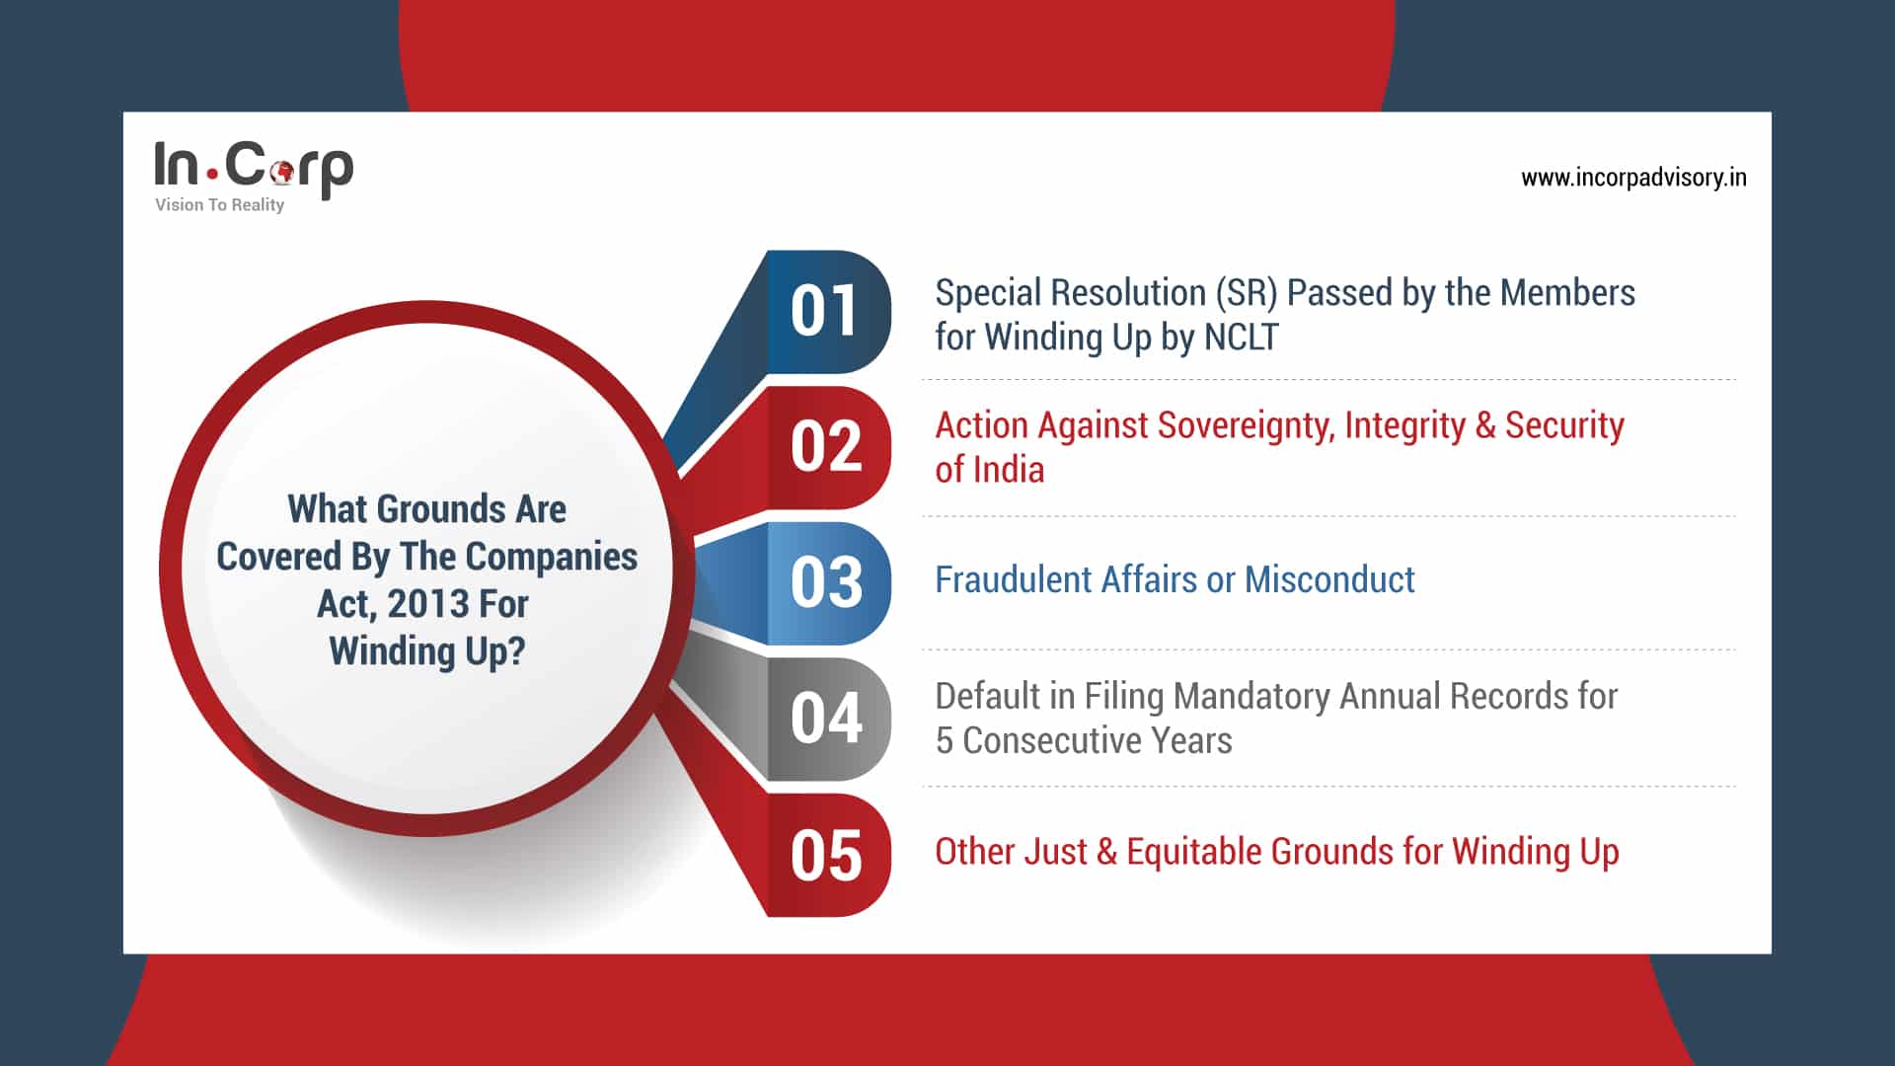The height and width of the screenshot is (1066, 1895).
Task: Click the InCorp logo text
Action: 253,167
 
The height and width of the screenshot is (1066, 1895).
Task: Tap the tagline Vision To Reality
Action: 219,205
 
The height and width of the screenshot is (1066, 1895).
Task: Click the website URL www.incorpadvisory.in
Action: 1633,178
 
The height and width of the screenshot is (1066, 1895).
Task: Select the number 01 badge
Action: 826,312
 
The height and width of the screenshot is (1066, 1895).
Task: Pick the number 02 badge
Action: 826,447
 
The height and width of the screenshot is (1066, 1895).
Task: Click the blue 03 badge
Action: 826,583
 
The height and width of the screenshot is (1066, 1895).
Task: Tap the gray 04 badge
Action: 826,719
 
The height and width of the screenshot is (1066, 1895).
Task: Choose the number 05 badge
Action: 826,856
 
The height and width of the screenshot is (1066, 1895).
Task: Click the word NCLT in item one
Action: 1241,338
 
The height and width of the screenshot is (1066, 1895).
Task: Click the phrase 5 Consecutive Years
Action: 1084,741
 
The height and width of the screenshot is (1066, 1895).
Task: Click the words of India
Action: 989,470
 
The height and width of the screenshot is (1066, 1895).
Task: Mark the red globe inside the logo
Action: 282,173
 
